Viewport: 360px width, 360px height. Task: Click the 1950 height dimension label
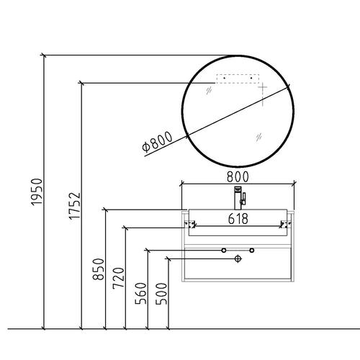[x=37, y=192]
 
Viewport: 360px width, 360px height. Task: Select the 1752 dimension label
[x=75, y=206]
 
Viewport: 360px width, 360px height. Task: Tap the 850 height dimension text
[x=99, y=269]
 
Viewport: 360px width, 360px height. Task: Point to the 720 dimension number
[x=119, y=278]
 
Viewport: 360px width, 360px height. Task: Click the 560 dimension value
[x=140, y=294]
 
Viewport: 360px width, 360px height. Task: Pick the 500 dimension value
[x=161, y=294]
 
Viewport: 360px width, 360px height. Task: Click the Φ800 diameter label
[x=157, y=142]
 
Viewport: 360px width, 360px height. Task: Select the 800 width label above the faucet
[x=238, y=177]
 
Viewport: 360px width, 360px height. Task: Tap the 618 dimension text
[x=238, y=219]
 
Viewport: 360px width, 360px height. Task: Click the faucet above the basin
[x=239, y=198]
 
